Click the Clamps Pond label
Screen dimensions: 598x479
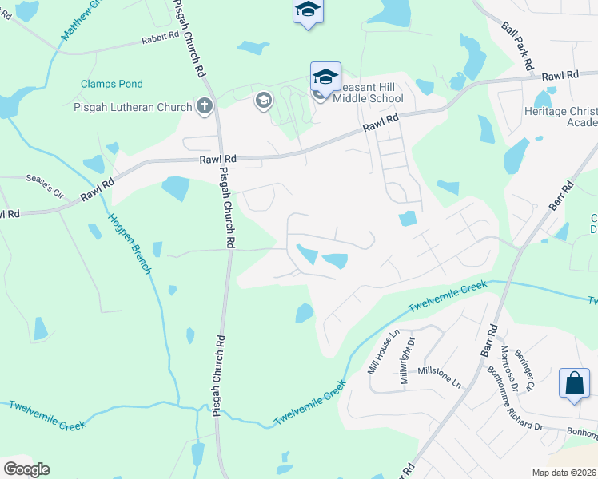point(111,84)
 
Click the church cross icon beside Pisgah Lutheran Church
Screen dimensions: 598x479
point(205,106)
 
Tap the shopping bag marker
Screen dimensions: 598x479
point(574,383)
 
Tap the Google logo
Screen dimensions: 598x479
point(26,469)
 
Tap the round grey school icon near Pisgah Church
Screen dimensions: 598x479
point(263,101)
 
